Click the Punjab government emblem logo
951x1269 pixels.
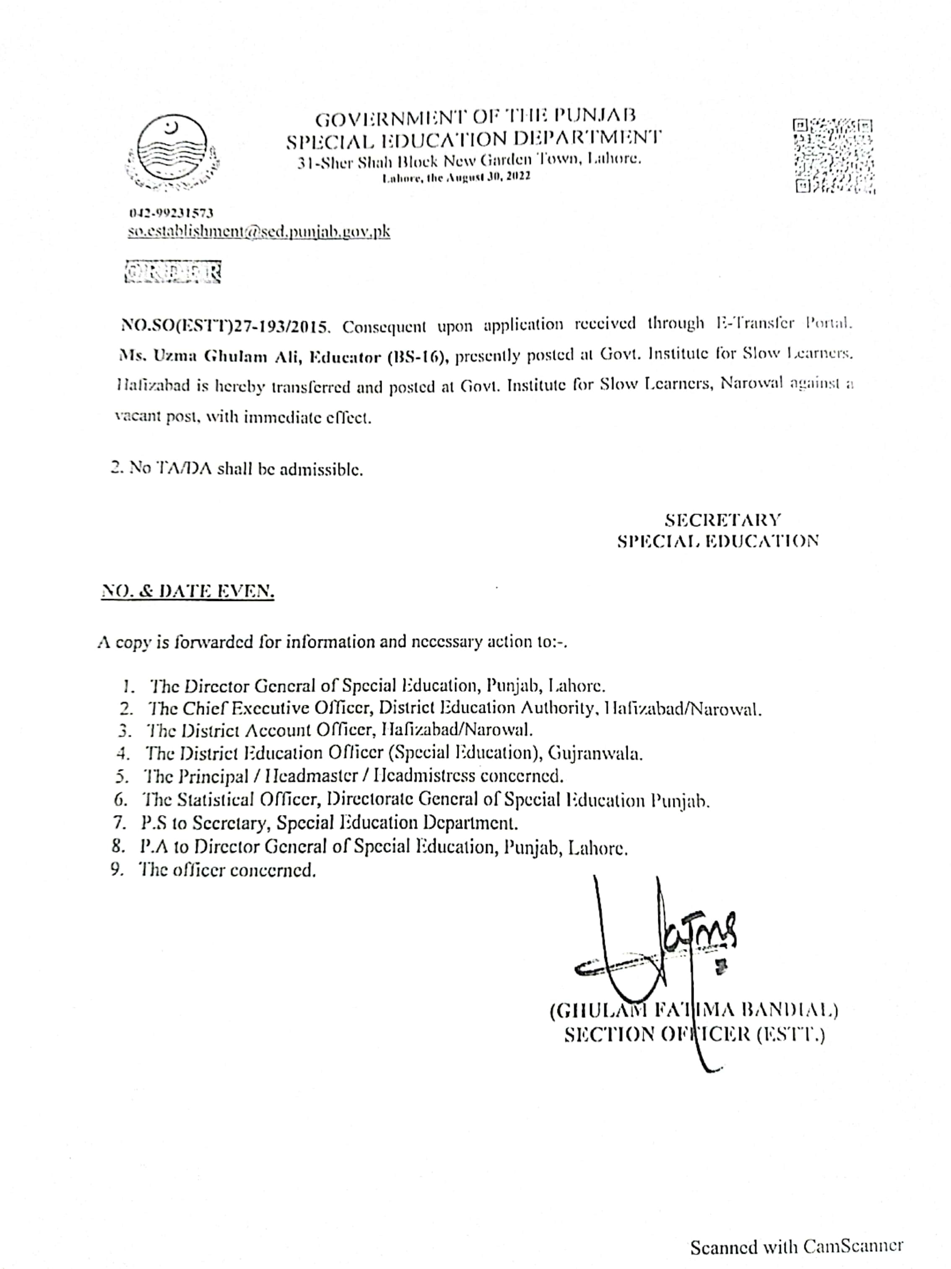pos(172,153)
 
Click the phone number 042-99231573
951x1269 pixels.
pos(171,213)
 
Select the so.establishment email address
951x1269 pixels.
pos(258,231)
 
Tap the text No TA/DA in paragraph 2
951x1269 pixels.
pos(171,468)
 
